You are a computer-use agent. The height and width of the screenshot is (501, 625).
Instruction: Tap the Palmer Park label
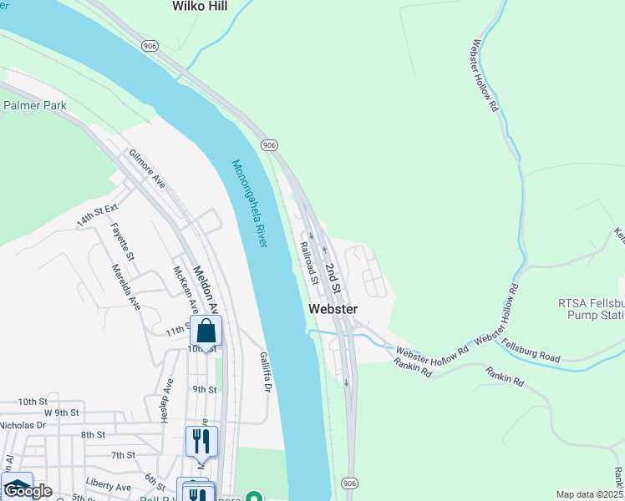coord(34,105)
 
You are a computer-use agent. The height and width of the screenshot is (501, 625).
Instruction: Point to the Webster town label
coord(333,309)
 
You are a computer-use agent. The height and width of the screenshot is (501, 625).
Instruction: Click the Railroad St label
coord(309,263)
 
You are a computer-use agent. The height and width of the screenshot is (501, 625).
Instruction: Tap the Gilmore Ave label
coord(147,169)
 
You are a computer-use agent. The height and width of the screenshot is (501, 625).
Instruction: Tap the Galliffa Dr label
coord(265,372)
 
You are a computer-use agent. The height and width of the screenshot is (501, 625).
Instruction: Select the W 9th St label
coord(61,412)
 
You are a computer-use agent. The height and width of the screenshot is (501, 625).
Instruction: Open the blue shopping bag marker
coord(206,332)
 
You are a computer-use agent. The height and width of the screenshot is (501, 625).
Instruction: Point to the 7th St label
coord(123,455)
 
